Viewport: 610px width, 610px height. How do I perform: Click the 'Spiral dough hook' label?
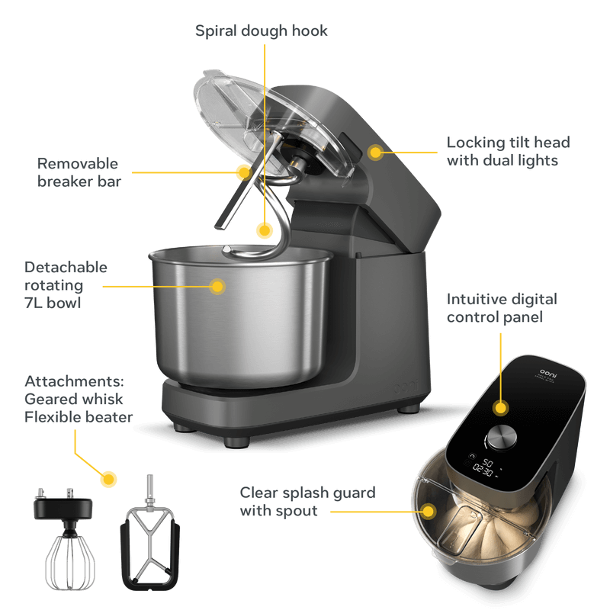click(x=262, y=30)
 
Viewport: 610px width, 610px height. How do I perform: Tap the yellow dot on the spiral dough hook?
click(x=265, y=229)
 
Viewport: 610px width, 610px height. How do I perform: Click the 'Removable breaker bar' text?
click(x=79, y=172)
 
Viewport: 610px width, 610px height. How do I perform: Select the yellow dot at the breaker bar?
click(x=243, y=172)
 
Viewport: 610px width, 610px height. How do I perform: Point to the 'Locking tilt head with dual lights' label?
click(x=508, y=151)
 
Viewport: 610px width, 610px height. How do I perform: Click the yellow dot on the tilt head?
click(x=375, y=152)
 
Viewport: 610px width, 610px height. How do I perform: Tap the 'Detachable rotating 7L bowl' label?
click(x=66, y=285)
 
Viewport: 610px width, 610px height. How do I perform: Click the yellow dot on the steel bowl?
click(x=218, y=287)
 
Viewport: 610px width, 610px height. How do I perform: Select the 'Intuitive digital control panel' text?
click(x=501, y=307)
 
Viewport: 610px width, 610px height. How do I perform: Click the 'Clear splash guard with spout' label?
click(x=307, y=502)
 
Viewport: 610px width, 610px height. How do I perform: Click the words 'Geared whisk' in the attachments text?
click(x=74, y=399)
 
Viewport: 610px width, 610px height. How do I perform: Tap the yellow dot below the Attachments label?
click(x=109, y=480)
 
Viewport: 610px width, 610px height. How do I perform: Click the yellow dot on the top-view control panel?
click(x=500, y=408)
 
